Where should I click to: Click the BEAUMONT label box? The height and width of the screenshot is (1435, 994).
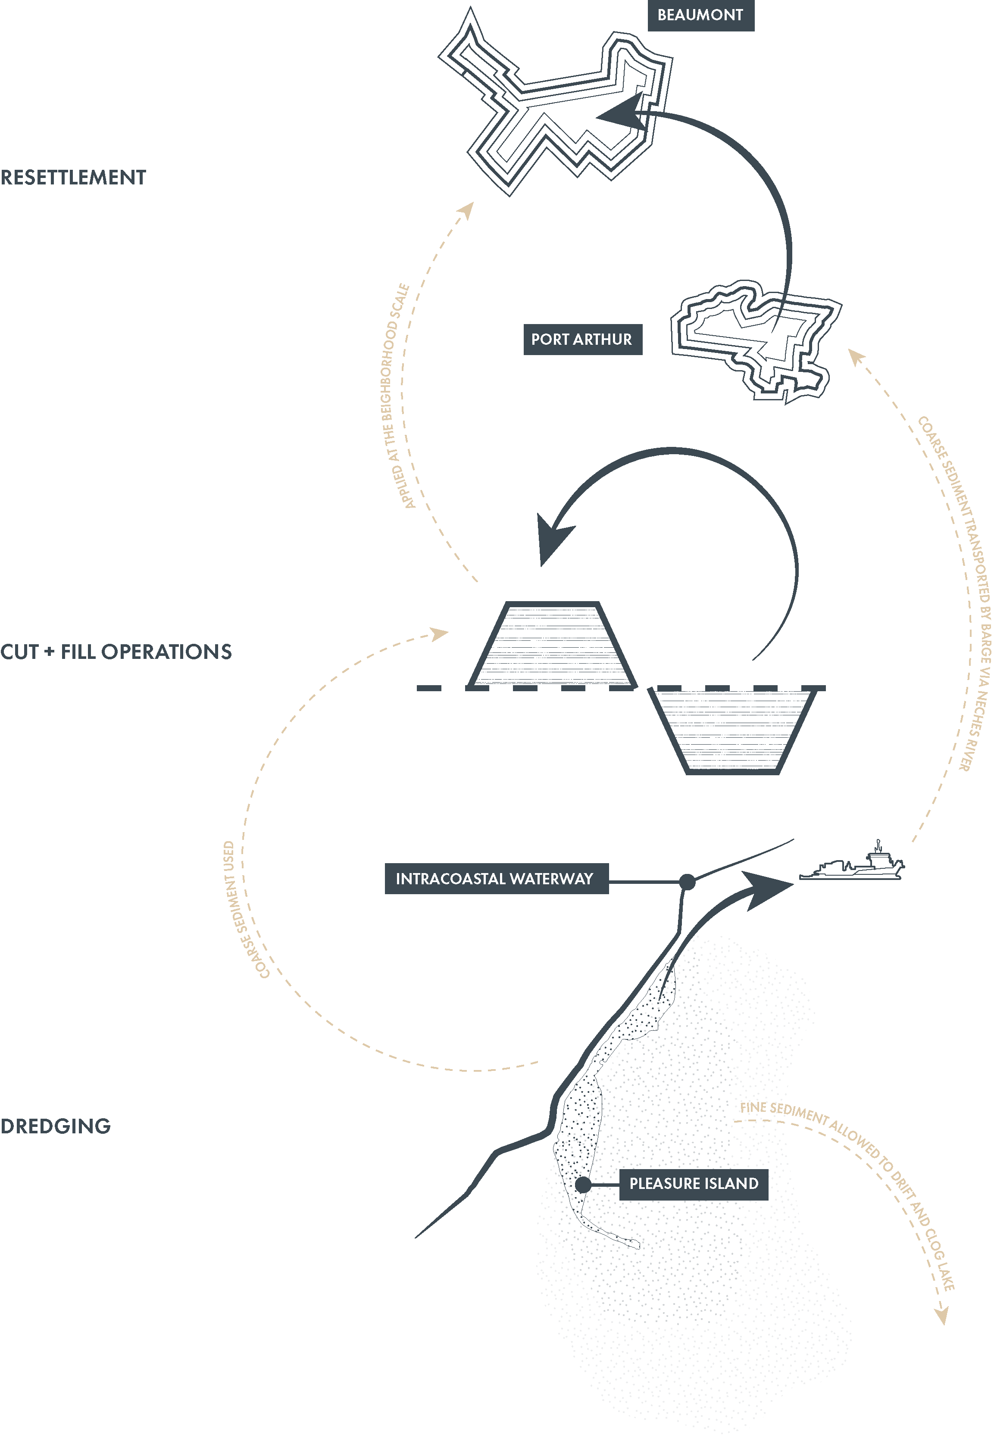point(700,15)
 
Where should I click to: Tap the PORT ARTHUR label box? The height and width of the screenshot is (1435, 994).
point(582,339)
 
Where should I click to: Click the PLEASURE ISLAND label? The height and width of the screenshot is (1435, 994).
point(693,1183)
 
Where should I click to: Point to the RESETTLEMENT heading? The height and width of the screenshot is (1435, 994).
point(73,178)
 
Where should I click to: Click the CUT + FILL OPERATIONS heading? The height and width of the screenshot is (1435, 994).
point(116,652)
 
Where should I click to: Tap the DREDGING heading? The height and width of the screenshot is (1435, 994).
point(56,1126)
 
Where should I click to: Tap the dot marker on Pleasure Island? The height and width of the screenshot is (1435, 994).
point(583,1184)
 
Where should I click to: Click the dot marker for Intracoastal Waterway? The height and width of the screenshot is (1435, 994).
point(687,882)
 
